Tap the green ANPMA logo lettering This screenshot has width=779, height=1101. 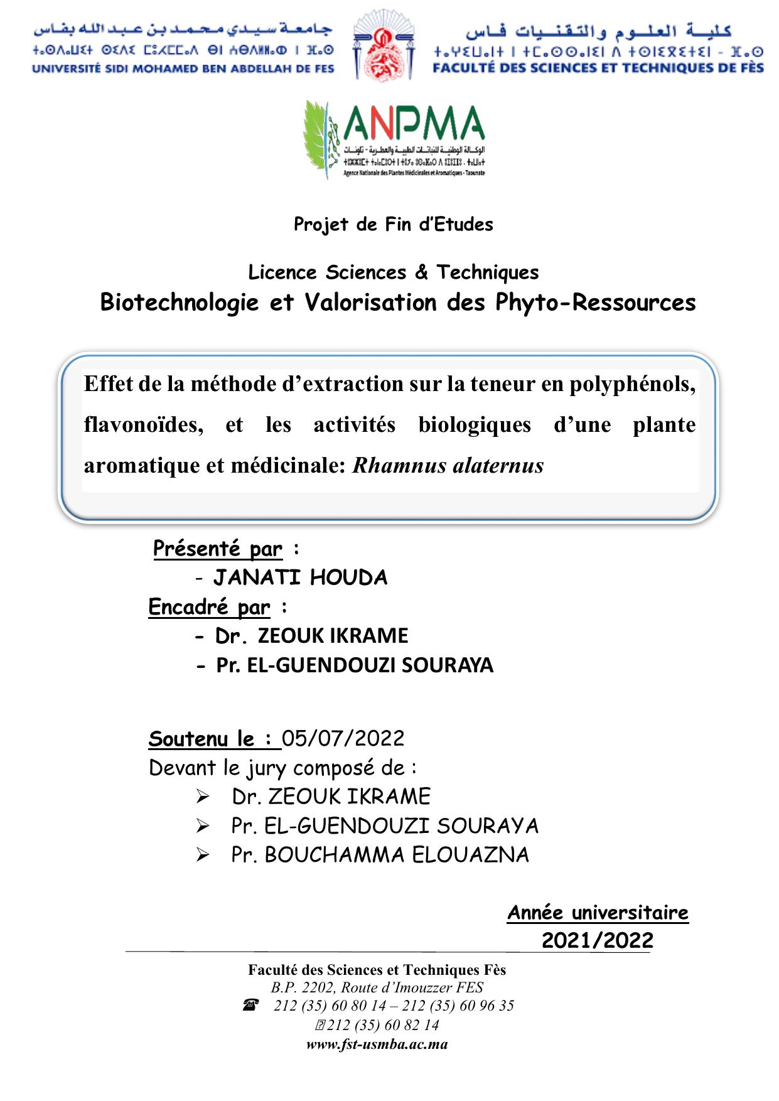coord(414,124)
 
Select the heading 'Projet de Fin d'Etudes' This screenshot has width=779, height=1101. coord(394,225)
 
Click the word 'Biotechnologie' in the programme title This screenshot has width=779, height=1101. coord(180,303)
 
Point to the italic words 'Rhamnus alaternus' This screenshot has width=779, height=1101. coord(448,466)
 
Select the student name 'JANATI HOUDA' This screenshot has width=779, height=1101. coord(300,577)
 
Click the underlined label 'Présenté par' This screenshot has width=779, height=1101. coord(218,549)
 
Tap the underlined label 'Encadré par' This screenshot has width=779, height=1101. coord(210,607)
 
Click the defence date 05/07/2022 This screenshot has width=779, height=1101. coord(343,738)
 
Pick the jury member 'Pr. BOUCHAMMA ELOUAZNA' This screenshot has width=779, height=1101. coord(380,855)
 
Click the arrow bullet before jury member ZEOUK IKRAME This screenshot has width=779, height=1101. coord(202,797)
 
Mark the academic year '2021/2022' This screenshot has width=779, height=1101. coord(597,940)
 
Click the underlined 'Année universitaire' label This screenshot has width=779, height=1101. coord(598,913)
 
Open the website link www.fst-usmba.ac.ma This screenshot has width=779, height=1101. coord(377,1045)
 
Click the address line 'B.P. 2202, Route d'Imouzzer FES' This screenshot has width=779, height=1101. coord(377,987)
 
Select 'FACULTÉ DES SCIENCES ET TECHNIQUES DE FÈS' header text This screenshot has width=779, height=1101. coord(598,68)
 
